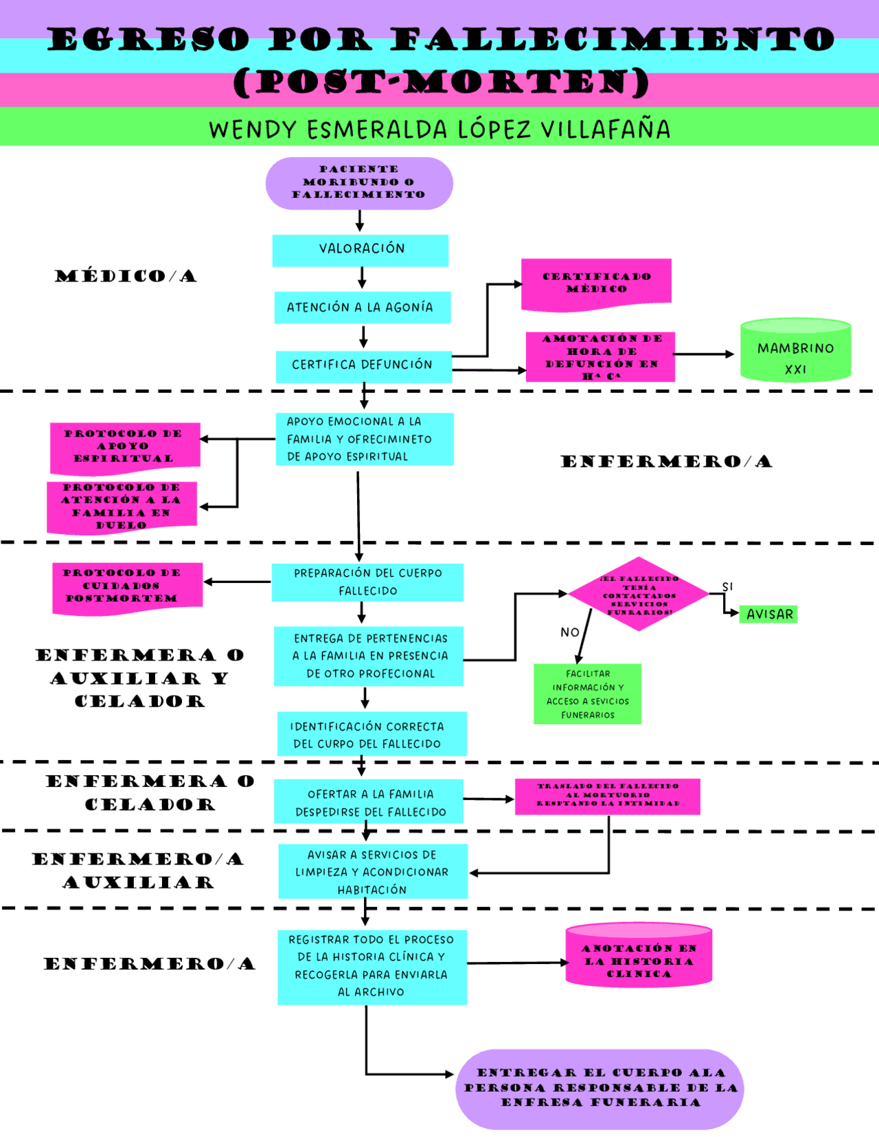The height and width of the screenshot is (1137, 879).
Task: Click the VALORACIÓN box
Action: point(361,250)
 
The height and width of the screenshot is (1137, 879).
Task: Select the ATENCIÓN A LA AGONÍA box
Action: point(362,308)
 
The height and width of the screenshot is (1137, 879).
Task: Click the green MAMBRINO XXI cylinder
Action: point(795,351)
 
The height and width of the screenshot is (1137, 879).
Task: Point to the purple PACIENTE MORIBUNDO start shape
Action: point(359,183)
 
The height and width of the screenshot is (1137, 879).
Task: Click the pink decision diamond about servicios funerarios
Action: point(639,595)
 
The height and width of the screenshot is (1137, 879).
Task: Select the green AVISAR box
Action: point(768,614)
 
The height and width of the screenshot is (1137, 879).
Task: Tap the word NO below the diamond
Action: point(569,632)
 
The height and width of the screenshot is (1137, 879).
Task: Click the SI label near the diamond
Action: point(727,586)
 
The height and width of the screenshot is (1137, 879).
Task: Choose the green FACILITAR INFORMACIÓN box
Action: point(587,694)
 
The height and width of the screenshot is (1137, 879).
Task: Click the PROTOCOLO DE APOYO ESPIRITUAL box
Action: point(125,447)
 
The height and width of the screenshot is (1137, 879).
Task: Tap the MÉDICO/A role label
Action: point(126,276)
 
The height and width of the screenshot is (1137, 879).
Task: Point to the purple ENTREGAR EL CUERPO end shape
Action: point(600,1088)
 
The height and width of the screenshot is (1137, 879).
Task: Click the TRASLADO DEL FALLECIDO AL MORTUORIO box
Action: point(607,796)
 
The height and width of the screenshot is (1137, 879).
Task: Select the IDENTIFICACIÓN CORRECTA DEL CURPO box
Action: point(371,735)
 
